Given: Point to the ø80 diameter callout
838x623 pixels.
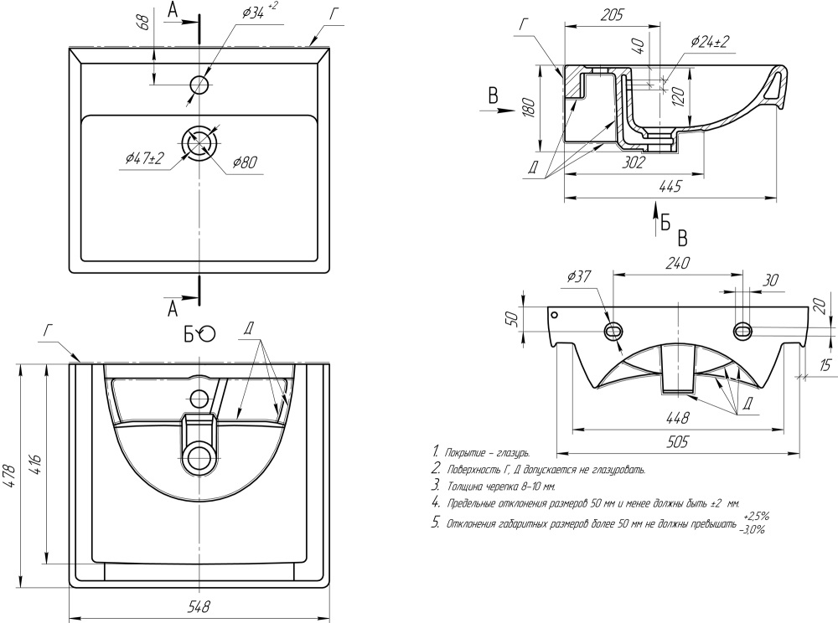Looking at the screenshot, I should (244, 162).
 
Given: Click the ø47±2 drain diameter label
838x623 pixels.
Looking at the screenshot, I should (144, 157).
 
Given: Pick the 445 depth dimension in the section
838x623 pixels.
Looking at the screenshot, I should (668, 188).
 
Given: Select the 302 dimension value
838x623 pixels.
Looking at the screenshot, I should (634, 162).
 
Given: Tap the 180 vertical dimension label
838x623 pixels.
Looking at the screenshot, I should (528, 110).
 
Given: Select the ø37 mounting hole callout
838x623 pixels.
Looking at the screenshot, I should (581, 275).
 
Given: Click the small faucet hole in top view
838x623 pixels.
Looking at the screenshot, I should (199, 85).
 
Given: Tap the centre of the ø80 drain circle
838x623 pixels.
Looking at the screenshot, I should (199, 142).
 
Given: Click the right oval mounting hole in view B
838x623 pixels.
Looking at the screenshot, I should (742, 330).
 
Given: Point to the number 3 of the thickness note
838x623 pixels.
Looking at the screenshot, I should (435, 485).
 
